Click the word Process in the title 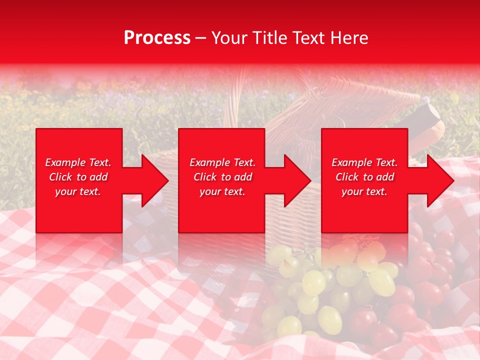(157, 38)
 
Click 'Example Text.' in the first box (78, 162)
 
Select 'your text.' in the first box (78, 191)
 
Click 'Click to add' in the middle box (222, 177)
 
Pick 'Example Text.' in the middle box (222, 162)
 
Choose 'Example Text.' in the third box (364, 162)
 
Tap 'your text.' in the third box (364, 191)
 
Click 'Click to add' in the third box (364, 177)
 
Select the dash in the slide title (201, 38)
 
